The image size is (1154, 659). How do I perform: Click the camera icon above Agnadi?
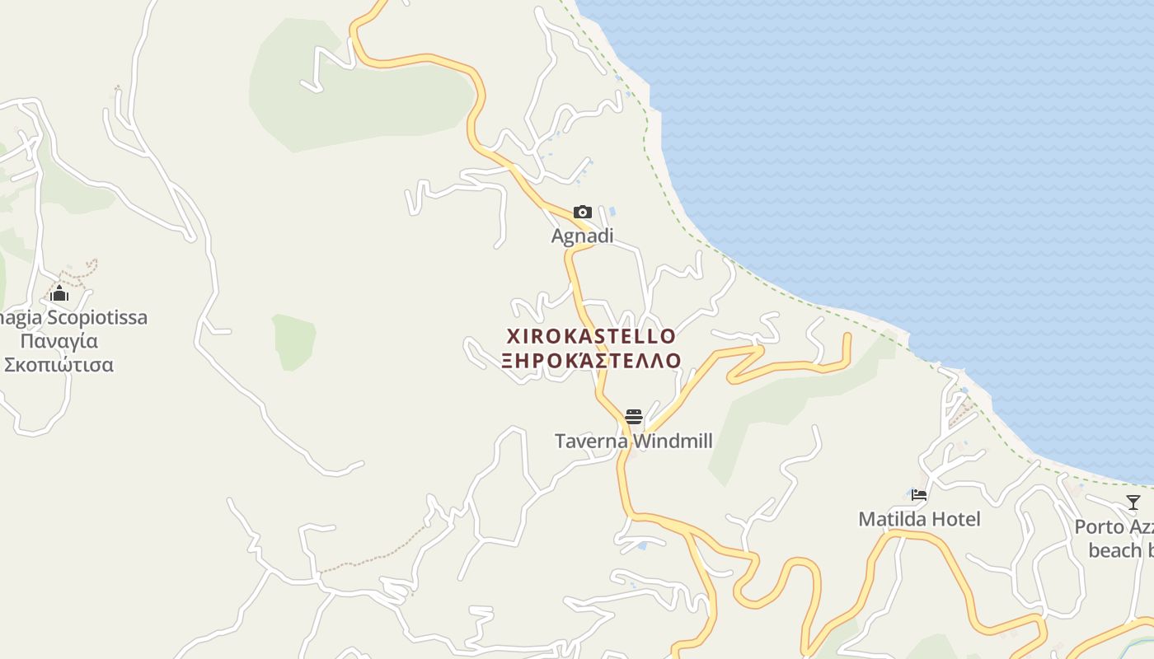point(583,212)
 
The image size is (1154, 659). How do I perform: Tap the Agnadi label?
point(582,236)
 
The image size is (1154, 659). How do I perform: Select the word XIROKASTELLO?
point(591,336)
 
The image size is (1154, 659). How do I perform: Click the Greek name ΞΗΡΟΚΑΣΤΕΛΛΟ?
point(592,361)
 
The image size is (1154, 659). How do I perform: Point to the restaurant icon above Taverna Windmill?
point(633,416)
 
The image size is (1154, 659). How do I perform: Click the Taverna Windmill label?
point(633,441)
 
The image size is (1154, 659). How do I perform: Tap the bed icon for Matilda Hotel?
point(919,495)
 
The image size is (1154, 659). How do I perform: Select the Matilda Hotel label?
point(919,519)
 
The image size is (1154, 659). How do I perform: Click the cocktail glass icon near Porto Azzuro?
point(1133,502)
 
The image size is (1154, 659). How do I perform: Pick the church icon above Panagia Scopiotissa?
point(59,293)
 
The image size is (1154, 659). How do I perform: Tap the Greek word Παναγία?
point(59,341)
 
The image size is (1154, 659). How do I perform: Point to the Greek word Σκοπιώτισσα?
point(59,365)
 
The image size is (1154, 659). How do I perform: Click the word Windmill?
point(672,441)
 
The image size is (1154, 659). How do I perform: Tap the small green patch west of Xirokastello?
point(294,340)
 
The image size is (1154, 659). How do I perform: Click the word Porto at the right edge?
point(1099,526)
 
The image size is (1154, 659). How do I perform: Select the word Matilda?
point(889,519)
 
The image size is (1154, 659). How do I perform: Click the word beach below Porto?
point(1114,550)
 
